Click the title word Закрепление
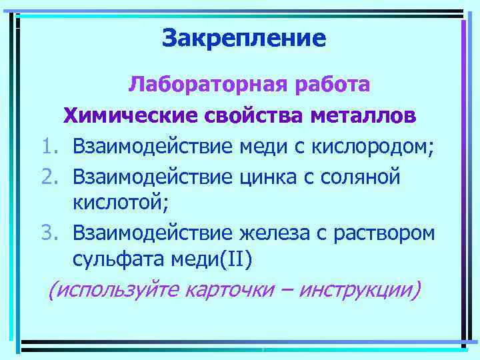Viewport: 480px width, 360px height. (244, 39)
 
